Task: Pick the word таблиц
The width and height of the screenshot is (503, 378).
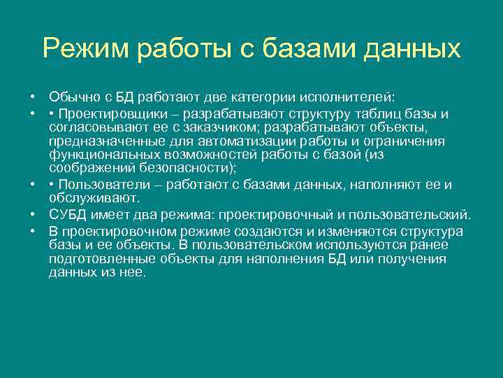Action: [394, 113]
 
